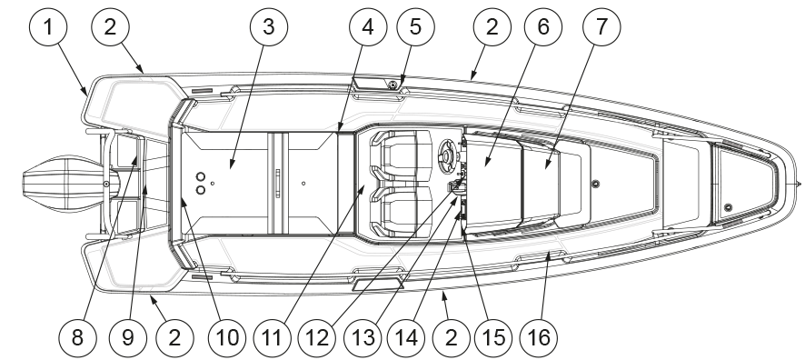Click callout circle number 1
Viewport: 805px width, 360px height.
(48, 26)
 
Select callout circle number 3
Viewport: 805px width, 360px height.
(269, 26)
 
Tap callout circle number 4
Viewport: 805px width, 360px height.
(368, 26)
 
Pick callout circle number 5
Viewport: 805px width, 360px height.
(415, 26)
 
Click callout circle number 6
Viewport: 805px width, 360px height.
(542, 26)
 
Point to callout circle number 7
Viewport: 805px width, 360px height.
(601, 26)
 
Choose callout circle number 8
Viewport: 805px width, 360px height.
(77, 338)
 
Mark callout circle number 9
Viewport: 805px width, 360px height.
(128, 338)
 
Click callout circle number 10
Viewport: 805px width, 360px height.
(227, 338)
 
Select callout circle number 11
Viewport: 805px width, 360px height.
(272, 338)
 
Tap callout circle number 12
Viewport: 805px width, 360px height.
(317, 338)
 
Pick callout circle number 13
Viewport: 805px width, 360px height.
(363, 338)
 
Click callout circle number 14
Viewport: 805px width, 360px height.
(406, 338)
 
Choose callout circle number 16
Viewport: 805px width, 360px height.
(539, 338)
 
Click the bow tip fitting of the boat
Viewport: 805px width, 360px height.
(798, 184)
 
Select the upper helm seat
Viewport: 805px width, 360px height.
(400, 155)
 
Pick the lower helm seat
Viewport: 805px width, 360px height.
(400, 212)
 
